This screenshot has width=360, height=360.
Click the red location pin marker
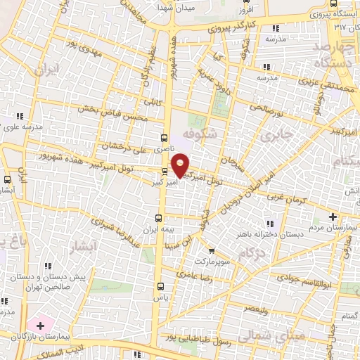click(x=181, y=165)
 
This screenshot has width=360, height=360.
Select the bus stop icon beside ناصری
click(x=164, y=139)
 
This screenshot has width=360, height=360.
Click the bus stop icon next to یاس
click(x=161, y=285)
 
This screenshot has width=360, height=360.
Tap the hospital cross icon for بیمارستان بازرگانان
click(x=40, y=326)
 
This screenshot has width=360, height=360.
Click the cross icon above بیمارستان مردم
click(x=333, y=216)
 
